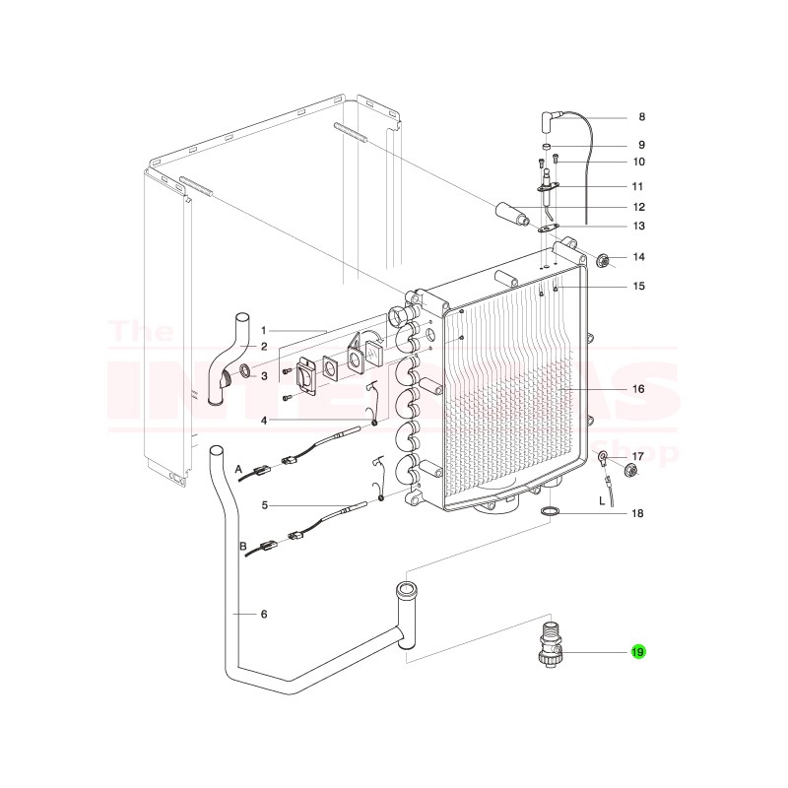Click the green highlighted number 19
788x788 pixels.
(637, 652)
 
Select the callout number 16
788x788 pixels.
(637, 389)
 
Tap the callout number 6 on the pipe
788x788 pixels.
(264, 615)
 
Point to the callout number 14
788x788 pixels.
(638, 257)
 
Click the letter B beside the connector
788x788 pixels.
(242, 545)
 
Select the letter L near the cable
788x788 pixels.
(602, 501)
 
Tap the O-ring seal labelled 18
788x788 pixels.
(552, 512)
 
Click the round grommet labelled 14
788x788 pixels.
(603, 260)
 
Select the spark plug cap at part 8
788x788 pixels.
(545, 120)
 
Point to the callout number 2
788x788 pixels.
(264, 346)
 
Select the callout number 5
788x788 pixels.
(264, 505)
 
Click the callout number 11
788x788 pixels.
(637, 185)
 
